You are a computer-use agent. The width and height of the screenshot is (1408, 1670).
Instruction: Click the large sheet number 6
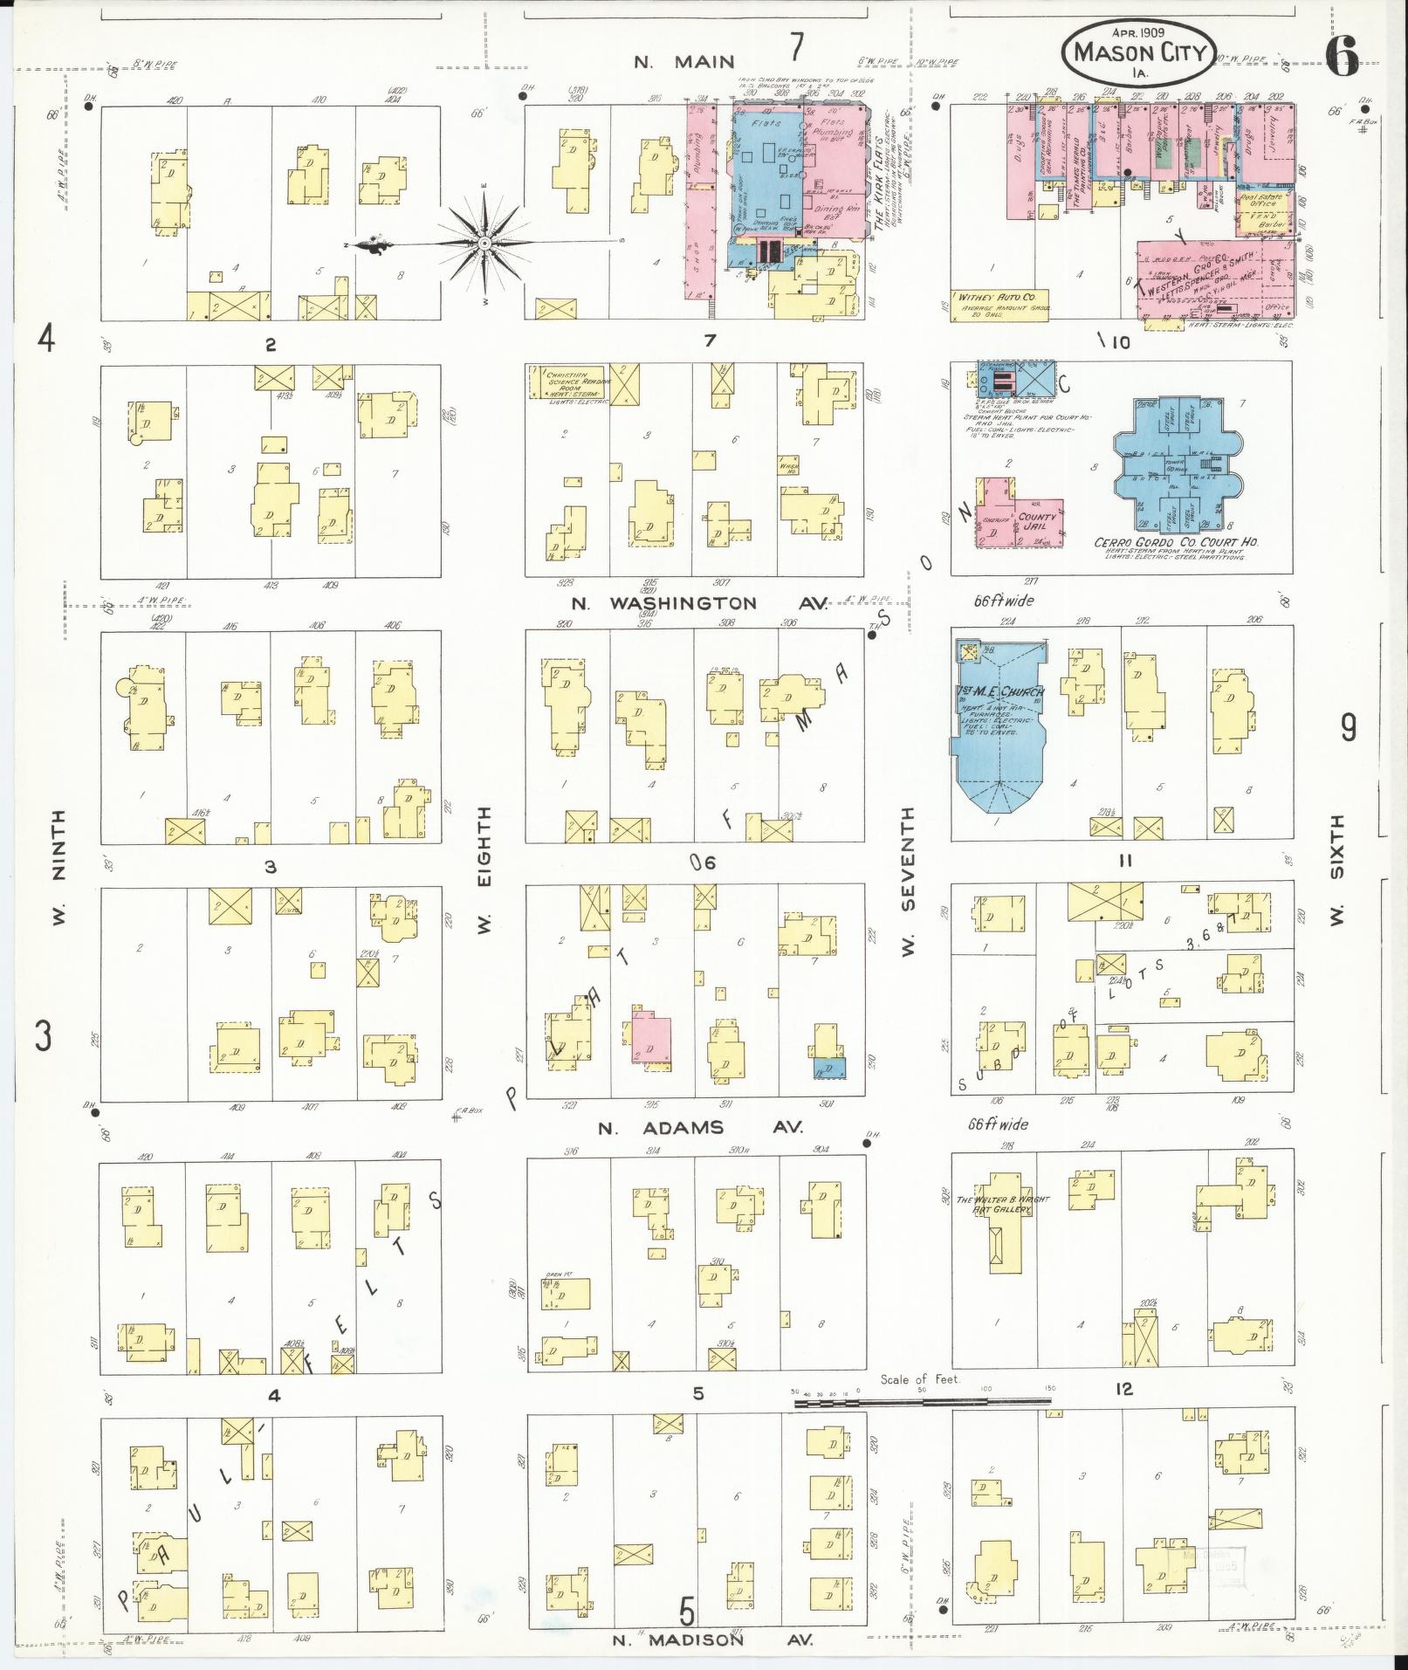click(x=1342, y=58)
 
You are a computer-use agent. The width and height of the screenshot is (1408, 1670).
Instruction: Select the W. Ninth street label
click(x=59, y=869)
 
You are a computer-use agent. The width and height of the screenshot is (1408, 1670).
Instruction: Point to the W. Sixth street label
click(x=1336, y=869)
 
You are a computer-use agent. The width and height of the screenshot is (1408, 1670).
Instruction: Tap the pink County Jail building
click(x=1037, y=519)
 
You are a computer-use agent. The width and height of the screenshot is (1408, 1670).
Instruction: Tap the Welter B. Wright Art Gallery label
click(x=1002, y=1203)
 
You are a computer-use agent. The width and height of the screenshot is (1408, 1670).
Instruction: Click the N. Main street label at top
click(x=683, y=62)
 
